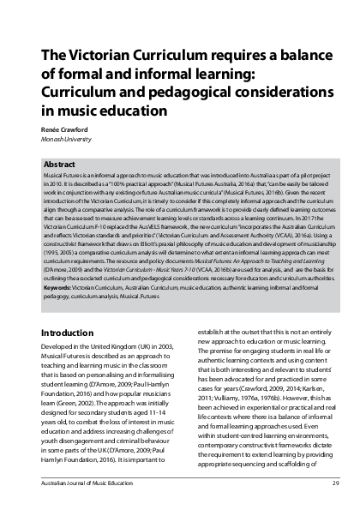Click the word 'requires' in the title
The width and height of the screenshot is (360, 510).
[x=226, y=57]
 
